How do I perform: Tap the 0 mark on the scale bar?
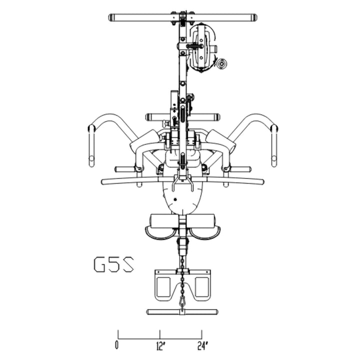point(117,344)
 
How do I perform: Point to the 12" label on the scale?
point(160,344)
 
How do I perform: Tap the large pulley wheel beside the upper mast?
point(202,47)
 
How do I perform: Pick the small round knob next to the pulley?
point(221,63)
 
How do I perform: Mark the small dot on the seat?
point(175,198)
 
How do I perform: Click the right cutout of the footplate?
point(201,287)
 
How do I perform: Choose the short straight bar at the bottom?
point(181,312)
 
